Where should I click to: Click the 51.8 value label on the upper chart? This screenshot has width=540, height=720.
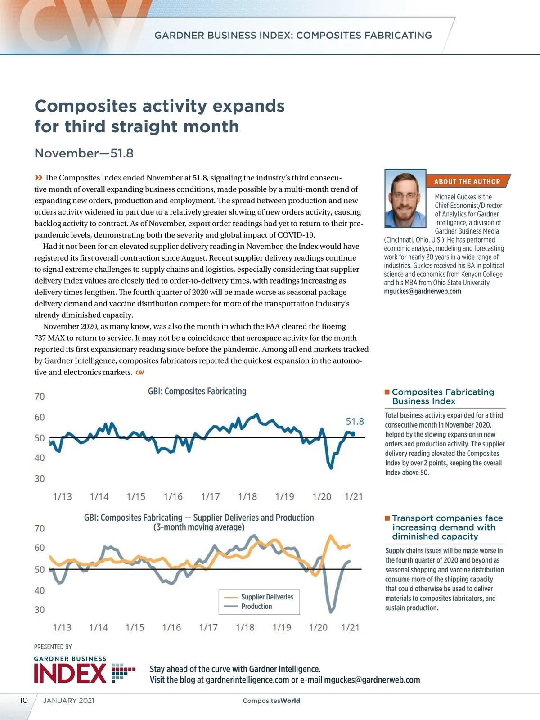click(x=355, y=422)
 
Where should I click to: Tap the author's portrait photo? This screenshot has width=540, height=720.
click(x=405, y=198)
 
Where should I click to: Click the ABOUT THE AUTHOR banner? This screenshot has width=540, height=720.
click(x=467, y=181)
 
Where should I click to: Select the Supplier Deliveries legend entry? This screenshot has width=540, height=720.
click(x=267, y=597)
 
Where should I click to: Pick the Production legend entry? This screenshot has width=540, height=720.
click(x=256, y=607)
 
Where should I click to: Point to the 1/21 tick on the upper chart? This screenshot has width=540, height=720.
click(x=354, y=496)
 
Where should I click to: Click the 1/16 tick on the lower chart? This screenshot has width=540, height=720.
click(x=171, y=627)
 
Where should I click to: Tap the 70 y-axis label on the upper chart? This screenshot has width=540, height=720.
click(x=40, y=396)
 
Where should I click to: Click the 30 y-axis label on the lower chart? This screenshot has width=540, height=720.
click(x=40, y=610)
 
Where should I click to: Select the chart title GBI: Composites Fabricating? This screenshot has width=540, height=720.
click(x=197, y=391)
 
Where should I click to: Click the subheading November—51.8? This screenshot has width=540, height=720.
click(x=84, y=153)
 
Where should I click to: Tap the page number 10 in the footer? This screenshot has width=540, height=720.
click(x=23, y=700)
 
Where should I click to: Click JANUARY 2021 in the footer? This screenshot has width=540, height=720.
click(x=68, y=700)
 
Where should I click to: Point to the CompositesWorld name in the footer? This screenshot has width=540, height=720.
click(x=271, y=701)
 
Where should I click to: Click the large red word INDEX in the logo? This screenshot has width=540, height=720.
click(x=70, y=674)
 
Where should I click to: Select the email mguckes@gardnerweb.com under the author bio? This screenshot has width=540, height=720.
click(x=423, y=291)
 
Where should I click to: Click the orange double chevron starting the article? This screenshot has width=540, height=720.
click(x=39, y=177)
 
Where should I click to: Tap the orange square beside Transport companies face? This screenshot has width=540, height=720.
click(x=387, y=518)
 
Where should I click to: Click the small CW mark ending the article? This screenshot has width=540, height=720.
click(x=140, y=373)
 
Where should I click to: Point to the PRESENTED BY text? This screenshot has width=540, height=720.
click(x=53, y=647)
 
